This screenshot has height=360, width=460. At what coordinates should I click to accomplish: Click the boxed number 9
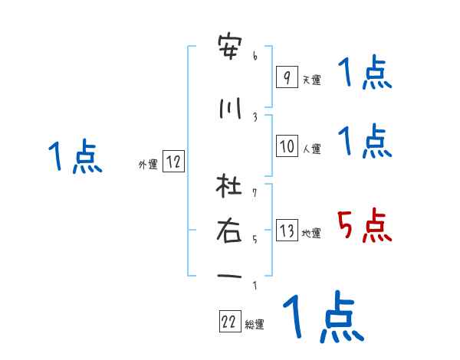pos(286,77)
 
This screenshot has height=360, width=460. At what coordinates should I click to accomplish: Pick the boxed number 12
pos(173,161)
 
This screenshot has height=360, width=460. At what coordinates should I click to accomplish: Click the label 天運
pos(311,79)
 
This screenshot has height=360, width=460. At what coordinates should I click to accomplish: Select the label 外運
pos(148,163)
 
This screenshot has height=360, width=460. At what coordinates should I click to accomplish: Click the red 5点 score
pos(365,226)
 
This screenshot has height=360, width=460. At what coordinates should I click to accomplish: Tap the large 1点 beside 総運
pos(322,318)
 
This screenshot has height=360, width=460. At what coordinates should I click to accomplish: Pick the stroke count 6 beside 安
pos(255,55)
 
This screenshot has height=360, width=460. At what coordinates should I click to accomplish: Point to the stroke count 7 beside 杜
pos(255,186)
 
